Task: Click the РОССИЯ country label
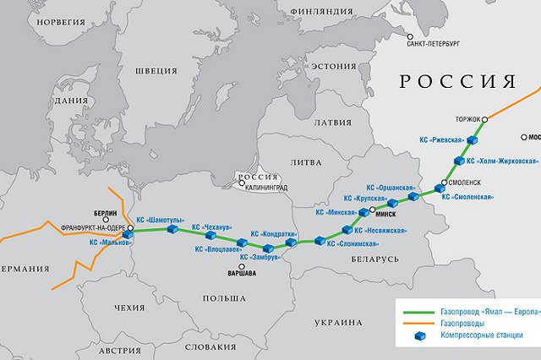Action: (x=456, y=82)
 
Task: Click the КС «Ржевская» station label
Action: (x=442, y=140)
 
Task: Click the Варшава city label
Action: (x=245, y=274)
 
